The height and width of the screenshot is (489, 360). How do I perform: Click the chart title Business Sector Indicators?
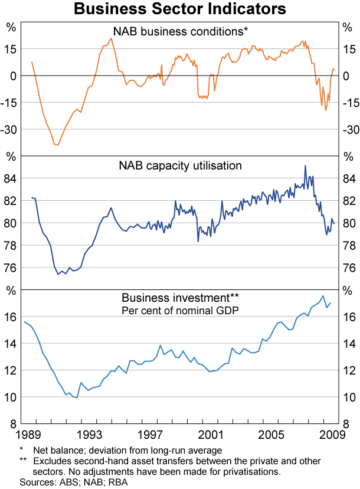pos(180,9)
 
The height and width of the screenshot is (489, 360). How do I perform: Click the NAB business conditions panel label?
pos(180,31)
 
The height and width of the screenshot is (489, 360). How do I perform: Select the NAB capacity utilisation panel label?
pos(180,165)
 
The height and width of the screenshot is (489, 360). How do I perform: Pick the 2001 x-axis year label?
pos(211,436)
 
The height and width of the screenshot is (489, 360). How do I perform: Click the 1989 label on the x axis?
pos(29,436)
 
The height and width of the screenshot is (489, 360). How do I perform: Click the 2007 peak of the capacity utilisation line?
pos(305,166)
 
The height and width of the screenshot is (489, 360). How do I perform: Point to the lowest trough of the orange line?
pos(57,145)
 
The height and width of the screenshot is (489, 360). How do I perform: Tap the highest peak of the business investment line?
pos(323,296)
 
